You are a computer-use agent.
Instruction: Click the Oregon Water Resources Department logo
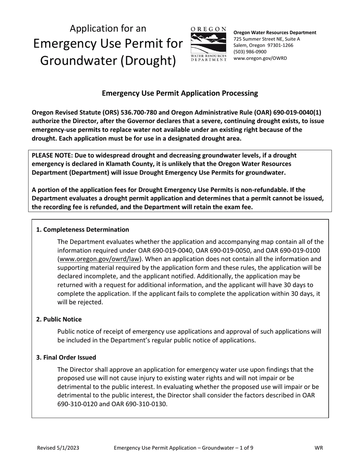208,44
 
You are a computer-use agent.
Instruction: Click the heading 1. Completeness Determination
82,230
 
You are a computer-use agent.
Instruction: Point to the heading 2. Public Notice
59,319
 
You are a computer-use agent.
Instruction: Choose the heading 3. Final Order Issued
66,357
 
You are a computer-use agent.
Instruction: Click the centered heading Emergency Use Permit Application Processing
180,93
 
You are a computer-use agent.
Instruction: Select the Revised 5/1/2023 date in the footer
58,448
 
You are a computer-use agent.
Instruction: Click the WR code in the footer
319,448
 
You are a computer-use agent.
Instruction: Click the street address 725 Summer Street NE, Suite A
266,39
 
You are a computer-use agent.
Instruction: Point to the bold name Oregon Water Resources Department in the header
275,33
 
